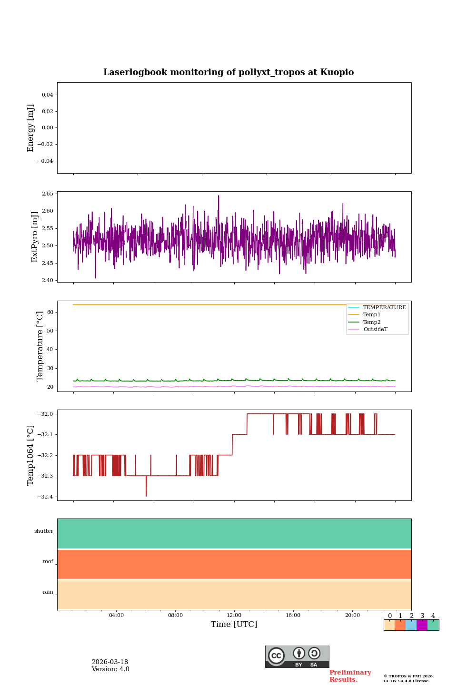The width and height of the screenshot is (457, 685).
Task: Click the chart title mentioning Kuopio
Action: tap(228, 72)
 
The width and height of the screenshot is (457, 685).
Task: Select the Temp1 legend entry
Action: tap(371, 315)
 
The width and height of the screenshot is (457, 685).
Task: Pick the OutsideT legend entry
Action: tap(375, 330)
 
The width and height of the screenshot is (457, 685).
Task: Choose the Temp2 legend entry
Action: tap(371, 323)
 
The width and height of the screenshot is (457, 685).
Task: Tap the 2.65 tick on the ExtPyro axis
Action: tap(48, 194)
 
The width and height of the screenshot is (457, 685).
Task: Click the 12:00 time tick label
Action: tap(234, 616)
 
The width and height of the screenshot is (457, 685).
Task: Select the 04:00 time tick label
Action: tap(116, 616)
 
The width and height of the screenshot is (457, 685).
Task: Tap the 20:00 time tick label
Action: tap(352, 616)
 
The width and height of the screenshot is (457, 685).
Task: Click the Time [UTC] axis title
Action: tap(234, 625)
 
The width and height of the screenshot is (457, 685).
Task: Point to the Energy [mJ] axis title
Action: tap(31, 128)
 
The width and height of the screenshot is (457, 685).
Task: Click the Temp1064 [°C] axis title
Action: tap(31, 455)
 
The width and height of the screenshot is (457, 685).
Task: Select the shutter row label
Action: tap(44, 531)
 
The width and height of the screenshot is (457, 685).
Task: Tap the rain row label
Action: tap(48, 592)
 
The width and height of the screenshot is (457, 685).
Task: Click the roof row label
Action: tap(48, 562)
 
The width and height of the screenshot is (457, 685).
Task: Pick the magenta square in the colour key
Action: tap(422, 625)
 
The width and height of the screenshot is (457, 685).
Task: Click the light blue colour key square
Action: tap(411, 625)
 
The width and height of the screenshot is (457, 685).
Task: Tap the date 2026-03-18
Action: tap(110, 662)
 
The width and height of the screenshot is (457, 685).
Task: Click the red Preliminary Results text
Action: tap(350, 676)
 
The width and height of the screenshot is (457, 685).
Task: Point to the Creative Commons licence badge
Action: tap(297, 656)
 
